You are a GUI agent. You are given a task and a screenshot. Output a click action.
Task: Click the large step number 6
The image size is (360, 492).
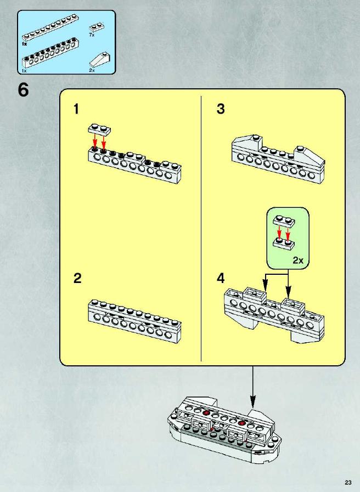(x=23, y=90)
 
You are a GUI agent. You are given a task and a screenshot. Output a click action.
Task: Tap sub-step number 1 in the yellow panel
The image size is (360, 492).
(x=76, y=109)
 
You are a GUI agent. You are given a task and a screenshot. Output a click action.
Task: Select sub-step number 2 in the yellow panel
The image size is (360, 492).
(x=77, y=278)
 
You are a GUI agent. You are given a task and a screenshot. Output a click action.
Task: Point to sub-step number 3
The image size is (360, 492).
(x=221, y=109)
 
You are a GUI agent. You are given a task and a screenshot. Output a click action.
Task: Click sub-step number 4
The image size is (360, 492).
(x=221, y=278)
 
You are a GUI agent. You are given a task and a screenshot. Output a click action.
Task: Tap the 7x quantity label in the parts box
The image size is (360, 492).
(x=92, y=35)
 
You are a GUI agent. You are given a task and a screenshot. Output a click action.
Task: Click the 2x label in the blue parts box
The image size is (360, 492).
(x=92, y=70)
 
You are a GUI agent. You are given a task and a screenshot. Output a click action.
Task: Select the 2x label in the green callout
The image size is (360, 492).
(x=298, y=260)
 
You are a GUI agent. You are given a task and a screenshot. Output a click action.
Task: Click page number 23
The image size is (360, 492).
(x=348, y=483)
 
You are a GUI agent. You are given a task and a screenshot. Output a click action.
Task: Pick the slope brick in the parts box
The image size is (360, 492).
(x=100, y=60)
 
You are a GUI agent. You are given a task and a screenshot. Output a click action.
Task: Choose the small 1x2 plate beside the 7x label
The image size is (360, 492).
(x=97, y=27)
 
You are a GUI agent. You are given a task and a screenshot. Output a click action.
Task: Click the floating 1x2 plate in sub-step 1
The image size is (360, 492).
(x=99, y=129)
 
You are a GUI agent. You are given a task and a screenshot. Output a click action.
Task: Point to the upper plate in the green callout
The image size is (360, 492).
(x=284, y=221)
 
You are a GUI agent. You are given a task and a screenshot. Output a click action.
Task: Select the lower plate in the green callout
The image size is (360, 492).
(x=284, y=243)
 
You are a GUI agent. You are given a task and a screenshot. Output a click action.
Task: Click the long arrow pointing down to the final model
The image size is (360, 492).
(x=252, y=387)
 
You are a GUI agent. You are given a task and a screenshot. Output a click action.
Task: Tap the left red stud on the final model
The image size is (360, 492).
(x=206, y=413)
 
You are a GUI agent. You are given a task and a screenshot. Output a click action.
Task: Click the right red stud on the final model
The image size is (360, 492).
(x=241, y=423)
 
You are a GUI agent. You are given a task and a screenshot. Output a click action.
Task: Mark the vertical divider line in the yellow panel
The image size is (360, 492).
(x=201, y=228)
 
